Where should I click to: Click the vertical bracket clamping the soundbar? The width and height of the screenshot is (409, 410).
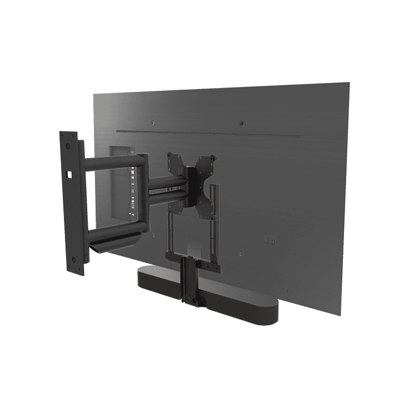click(x=189, y=282)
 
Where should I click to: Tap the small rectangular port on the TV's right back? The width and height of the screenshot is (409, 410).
click(x=269, y=239)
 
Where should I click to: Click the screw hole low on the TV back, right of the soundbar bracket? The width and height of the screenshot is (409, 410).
click(x=241, y=254)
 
